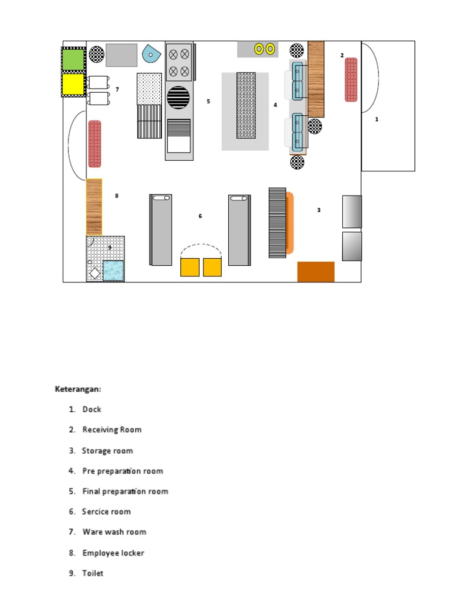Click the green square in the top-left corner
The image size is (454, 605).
pyautogui.click(x=73, y=59)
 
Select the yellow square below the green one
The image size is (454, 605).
pyautogui.click(x=73, y=84)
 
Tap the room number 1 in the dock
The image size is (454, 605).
pyautogui.click(x=377, y=119)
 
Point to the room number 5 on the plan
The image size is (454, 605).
pyautogui.click(x=208, y=102)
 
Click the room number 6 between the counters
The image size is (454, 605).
pyautogui.click(x=200, y=216)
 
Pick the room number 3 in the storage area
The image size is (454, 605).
pyautogui.click(x=319, y=210)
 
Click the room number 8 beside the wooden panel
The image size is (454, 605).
pyautogui.click(x=116, y=196)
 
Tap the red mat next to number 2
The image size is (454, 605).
pyautogui.click(x=351, y=80)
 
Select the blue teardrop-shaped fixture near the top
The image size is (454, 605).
pyautogui.click(x=150, y=55)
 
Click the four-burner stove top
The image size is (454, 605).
pyautogui.click(x=179, y=63)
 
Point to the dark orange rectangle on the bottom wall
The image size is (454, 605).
pyautogui.click(x=316, y=272)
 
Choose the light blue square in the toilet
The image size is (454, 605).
pyautogui.click(x=113, y=271)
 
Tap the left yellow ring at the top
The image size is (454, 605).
pyautogui.click(x=259, y=49)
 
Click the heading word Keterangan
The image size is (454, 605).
pyautogui.click(x=78, y=389)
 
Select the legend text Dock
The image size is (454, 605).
pyautogui.click(x=92, y=409)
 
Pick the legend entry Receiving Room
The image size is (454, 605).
pyautogui.click(x=112, y=430)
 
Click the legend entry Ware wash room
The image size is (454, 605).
pyautogui.click(x=114, y=532)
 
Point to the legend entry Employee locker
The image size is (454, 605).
pyautogui.click(x=113, y=553)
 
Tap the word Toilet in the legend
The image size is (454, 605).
pyautogui.click(x=93, y=573)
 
